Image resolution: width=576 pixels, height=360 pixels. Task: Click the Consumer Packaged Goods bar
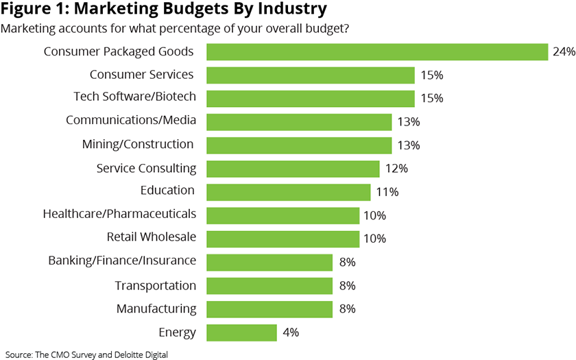click(377, 52)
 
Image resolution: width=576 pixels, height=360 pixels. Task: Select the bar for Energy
click(242, 333)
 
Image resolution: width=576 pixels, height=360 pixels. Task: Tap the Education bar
click(288, 192)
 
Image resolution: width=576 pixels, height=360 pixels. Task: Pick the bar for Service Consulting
click(293, 169)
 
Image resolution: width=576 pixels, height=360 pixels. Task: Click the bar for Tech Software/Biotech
click(311, 98)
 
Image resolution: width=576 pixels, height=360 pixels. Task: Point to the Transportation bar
click(269, 286)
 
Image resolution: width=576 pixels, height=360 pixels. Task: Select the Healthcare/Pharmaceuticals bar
click(283, 215)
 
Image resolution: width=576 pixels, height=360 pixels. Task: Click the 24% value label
click(563, 52)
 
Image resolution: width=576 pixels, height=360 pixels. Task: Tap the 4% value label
click(290, 333)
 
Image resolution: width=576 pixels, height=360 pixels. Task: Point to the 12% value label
click(397, 169)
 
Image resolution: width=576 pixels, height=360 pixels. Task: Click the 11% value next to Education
click(388, 192)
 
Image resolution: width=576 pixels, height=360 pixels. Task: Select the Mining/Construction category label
click(138, 144)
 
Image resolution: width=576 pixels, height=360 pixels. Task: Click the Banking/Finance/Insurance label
click(122, 261)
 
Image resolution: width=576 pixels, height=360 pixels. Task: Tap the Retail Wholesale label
click(152, 237)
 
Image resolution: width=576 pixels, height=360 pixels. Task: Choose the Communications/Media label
click(131, 121)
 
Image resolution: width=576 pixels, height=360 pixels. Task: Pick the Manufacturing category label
click(156, 309)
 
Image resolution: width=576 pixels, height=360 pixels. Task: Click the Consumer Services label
click(142, 74)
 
